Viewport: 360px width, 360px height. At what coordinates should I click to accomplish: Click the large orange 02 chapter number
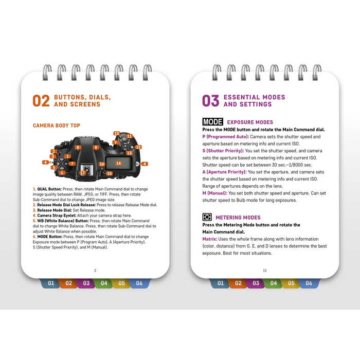[x=42, y=101]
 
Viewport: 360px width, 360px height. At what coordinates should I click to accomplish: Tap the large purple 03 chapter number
[x=211, y=101]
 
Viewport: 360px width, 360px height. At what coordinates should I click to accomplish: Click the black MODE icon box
[x=212, y=122]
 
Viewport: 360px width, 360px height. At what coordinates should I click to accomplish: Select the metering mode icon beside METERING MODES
[x=207, y=218]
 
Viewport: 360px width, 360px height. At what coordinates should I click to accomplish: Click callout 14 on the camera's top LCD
[x=118, y=163]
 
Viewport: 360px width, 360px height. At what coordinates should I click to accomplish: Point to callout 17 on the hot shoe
[x=82, y=173]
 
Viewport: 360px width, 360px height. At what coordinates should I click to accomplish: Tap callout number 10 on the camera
[x=117, y=133]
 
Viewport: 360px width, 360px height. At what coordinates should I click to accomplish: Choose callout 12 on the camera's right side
[x=138, y=147]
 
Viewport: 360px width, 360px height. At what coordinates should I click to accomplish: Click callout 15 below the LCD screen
[x=109, y=174]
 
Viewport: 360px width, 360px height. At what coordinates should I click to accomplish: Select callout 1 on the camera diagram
[x=68, y=155]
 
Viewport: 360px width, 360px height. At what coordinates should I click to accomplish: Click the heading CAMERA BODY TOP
[x=57, y=125]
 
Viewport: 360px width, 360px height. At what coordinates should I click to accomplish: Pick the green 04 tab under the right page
[x=273, y=283]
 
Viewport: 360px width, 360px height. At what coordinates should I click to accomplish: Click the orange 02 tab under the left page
[x=68, y=283]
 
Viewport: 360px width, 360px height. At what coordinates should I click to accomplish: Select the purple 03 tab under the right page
[x=255, y=283]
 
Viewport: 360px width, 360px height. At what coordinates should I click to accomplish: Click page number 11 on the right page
[x=264, y=270]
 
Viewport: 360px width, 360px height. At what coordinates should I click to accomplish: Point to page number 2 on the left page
[x=95, y=270]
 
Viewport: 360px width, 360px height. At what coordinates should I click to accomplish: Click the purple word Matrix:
[x=209, y=239]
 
